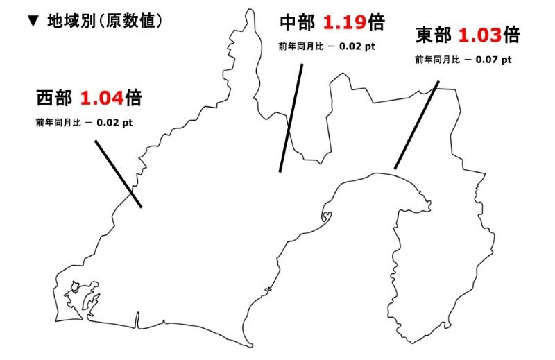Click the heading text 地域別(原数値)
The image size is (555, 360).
coord(104,22)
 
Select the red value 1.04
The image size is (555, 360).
coord(102,98)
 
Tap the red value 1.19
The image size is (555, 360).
coord(345,22)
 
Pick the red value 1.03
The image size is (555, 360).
coord(479,35)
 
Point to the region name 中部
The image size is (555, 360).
coord(296,22)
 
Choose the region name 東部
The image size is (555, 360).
coord(432,35)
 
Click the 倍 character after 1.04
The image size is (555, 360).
coord(134,98)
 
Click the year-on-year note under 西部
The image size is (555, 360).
coord(84,123)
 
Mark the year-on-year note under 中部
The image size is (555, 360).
coord(327,46)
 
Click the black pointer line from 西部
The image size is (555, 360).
coord(117,173)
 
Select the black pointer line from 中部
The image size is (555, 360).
coord(291,118)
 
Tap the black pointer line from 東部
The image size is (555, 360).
coord(416,125)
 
